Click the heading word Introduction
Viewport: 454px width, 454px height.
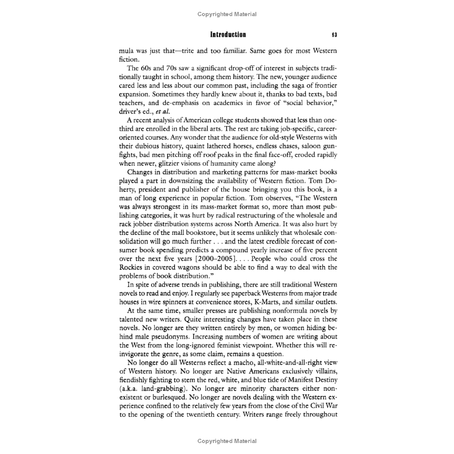click(x=228, y=35)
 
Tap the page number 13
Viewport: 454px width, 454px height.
click(x=334, y=35)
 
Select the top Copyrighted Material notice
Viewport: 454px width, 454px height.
click(x=227, y=14)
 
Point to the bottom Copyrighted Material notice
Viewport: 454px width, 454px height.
click(x=227, y=441)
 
